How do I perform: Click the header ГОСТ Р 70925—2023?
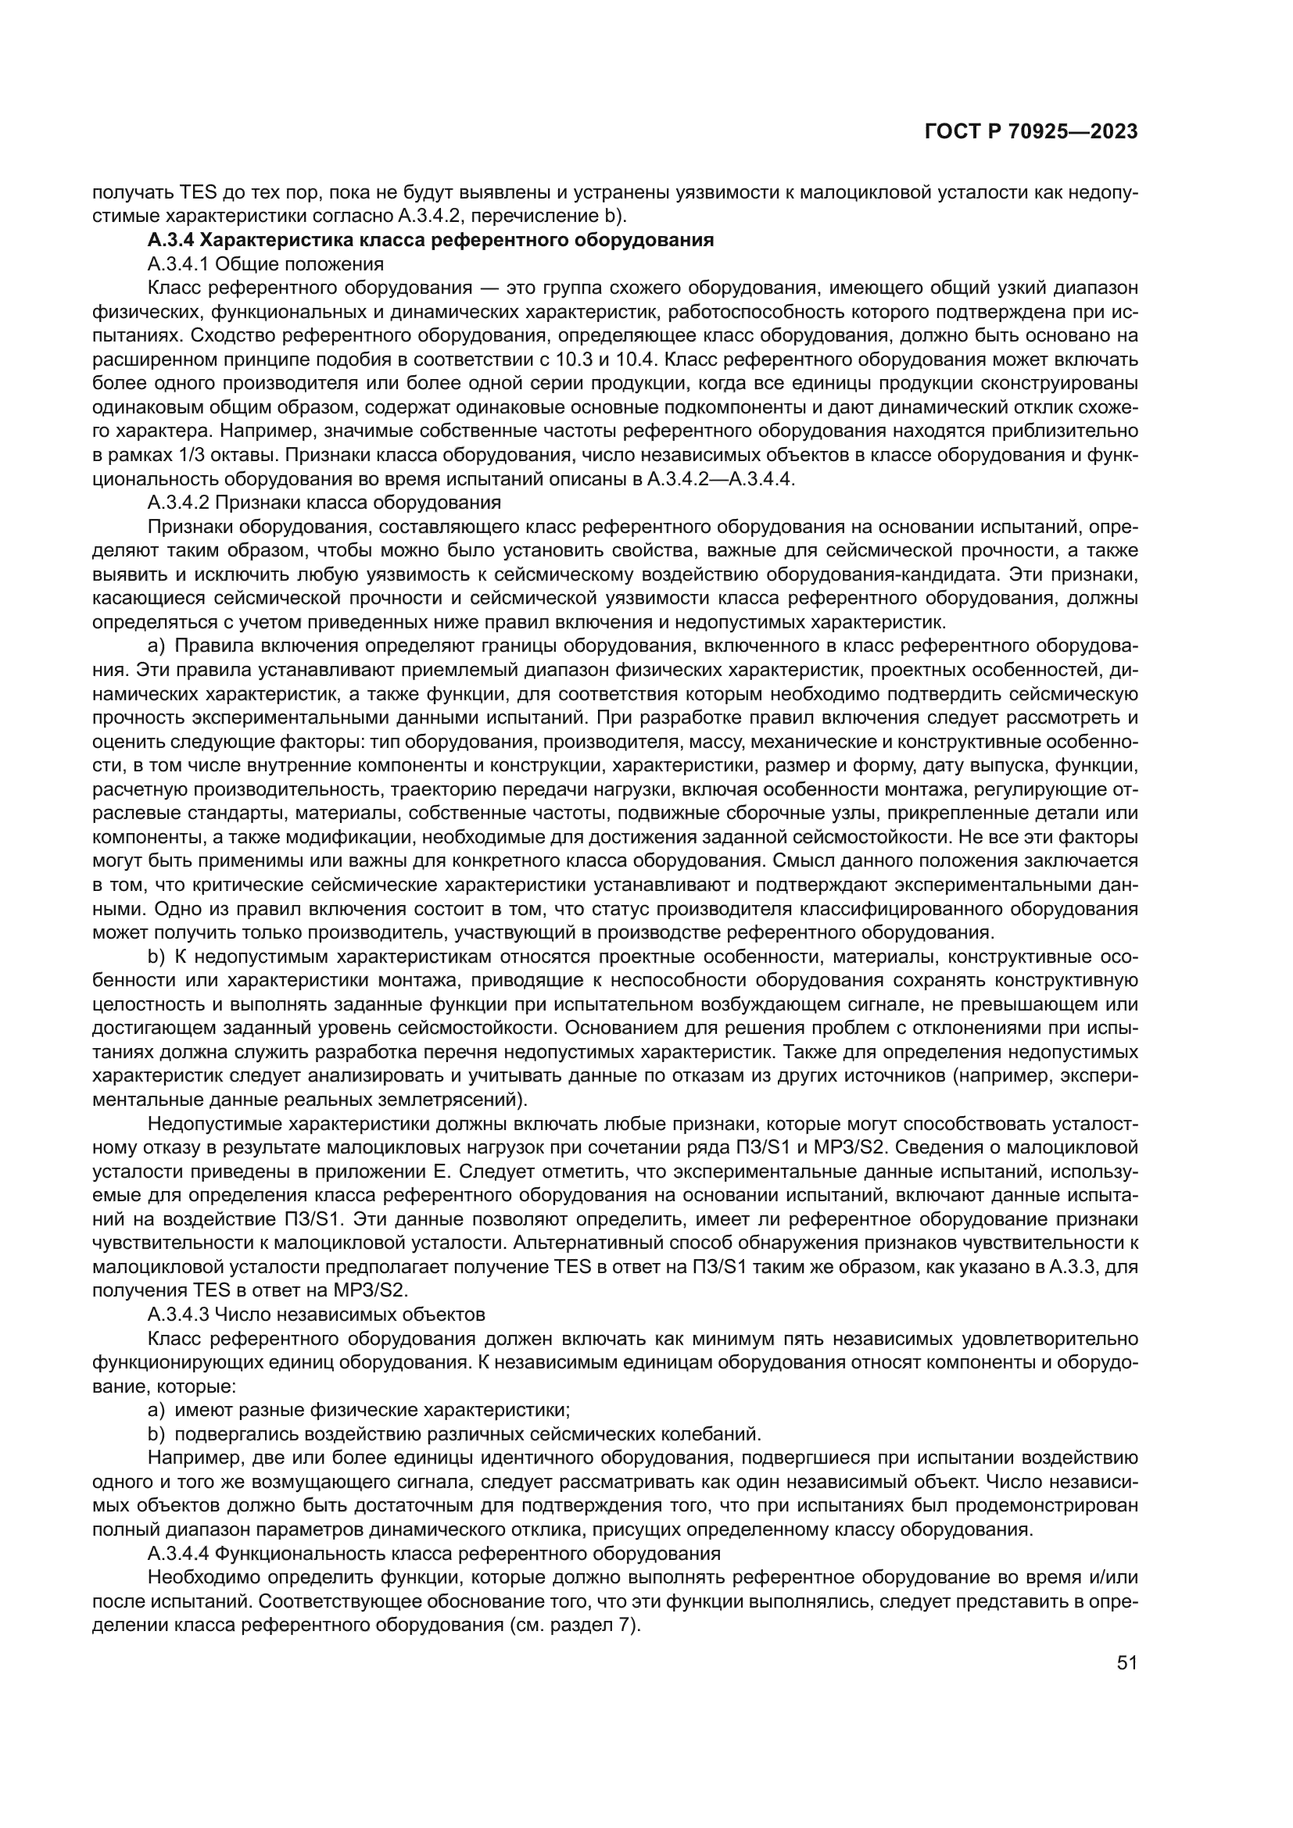pos(1030,132)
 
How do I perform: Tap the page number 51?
pos(1126,1662)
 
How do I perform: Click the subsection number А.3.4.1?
pos(177,263)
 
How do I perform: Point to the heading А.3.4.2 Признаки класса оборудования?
pos(324,503)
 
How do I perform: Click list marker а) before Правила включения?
pos(156,646)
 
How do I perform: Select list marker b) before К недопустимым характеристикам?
pos(156,956)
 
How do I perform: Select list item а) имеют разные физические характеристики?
pos(359,1410)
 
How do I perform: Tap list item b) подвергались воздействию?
pos(455,1434)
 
